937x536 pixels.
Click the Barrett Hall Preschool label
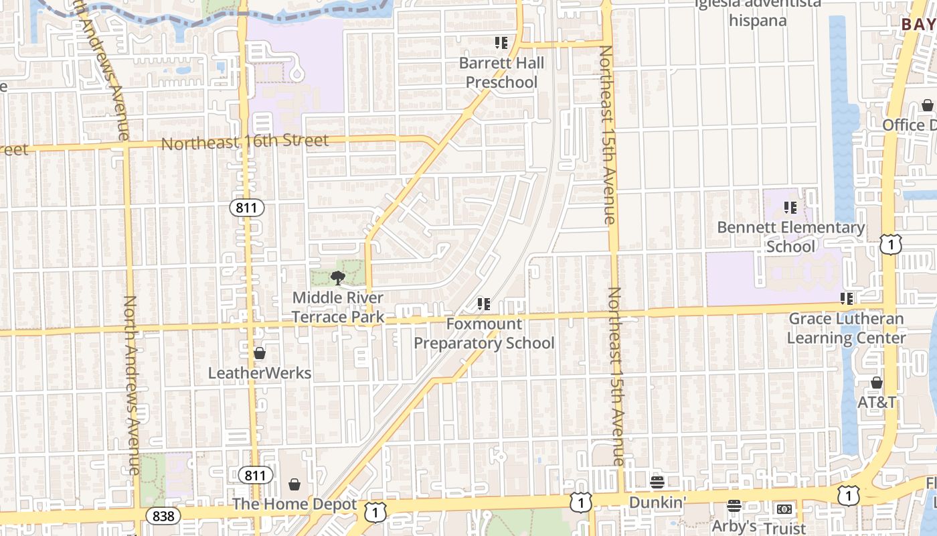point(501,73)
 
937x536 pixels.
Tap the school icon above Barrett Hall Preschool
point(501,44)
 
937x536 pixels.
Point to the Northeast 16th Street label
point(245,142)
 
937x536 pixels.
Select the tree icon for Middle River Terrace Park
point(338,278)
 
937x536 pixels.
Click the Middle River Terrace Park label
point(338,307)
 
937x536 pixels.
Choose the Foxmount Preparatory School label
point(484,334)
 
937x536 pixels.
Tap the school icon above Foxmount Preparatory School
point(484,305)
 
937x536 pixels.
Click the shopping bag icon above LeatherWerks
point(260,353)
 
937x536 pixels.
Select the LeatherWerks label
point(260,373)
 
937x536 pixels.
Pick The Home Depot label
point(294,504)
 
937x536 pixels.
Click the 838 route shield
point(163,516)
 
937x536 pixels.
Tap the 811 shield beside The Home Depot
point(255,476)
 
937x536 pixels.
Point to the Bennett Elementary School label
point(791,237)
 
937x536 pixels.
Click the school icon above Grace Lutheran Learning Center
point(847,298)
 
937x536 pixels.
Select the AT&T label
point(877,403)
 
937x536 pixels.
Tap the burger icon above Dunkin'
point(657,482)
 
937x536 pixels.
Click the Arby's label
point(734,527)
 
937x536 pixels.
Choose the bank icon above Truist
point(784,509)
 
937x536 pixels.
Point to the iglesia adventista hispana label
point(758,12)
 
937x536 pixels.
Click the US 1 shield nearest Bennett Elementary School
point(890,245)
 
